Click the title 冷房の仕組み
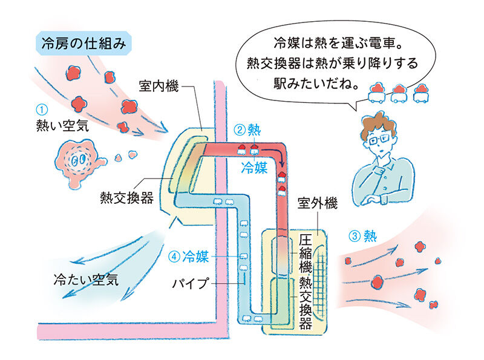pyautogui.click(x=83, y=44)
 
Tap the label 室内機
pyautogui.click(x=159, y=86)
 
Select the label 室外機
pyautogui.click(x=318, y=203)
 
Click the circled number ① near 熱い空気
pyautogui.click(x=42, y=110)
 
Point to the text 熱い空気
pyautogui.click(x=63, y=126)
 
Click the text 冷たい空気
pyautogui.click(x=86, y=280)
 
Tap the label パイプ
pyautogui.click(x=191, y=283)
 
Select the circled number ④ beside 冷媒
pyautogui.click(x=174, y=257)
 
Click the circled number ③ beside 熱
pyautogui.click(x=355, y=236)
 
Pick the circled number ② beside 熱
pyautogui.click(x=239, y=130)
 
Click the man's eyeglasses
pyautogui.click(x=379, y=140)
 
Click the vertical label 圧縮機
pyautogui.click(x=305, y=254)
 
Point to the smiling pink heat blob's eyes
pyautogui.click(x=78, y=160)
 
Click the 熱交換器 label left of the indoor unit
pyautogui.click(x=126, y=198)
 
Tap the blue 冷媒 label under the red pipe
pyautogui.click(x=254, y=168)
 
